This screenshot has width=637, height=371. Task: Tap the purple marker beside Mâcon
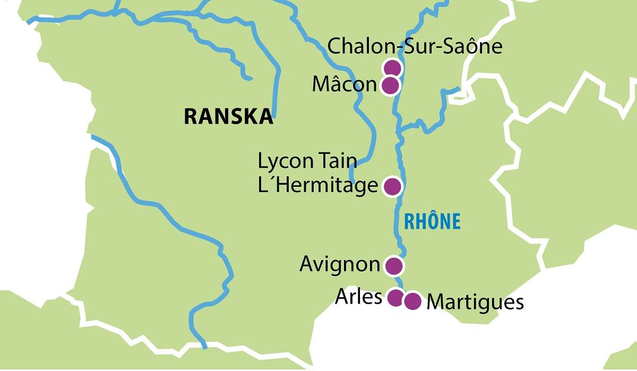pyautogui.click(x=390, y=85)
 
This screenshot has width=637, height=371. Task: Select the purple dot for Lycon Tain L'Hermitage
pyautogui.click(x=392, y=186)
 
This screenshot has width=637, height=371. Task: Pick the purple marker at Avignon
pyautogui.click(x=393, y=265)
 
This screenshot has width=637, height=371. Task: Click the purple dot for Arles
pyautogui.click(x=395, y=298)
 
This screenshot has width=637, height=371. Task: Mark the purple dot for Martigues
pyautogui.click(x=412, y=301)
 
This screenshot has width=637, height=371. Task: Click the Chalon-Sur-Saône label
pyautogui.click(x=415, y=47)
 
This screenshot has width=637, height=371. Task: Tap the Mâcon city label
pyautogui.click(x=344, y=85)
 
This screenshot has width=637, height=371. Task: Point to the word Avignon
pyautogui.click(x=340, y=264)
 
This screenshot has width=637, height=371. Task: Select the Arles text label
pyautogui.click(x=358, y=297)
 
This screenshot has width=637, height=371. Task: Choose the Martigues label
pyautogui.click(x=475, y=302)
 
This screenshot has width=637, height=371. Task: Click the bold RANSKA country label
pyautogui.click(x=229, y=117)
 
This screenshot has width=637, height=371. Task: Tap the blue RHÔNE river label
pyautogui.click(x=432, y=221)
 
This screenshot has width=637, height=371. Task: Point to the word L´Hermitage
pyautogui.click(x=317, y=186)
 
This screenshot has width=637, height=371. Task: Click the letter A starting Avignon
pyautogui.click(x=306, y=264)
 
